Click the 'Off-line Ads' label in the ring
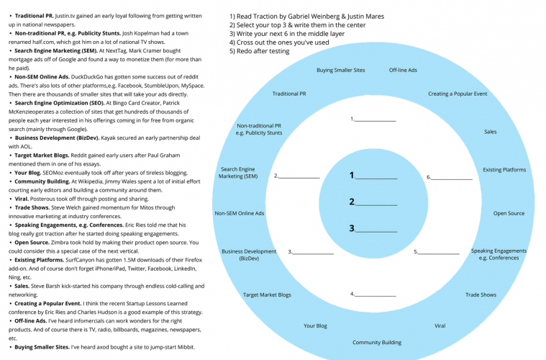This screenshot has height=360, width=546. [x=403, y=70]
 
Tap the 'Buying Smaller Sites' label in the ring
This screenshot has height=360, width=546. [x=340, y=70]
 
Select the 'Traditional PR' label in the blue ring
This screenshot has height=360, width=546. [x=288, y=94]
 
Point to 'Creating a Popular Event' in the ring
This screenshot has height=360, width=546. [x=458, y=94]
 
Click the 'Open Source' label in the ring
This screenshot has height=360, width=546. [x=509, y=213]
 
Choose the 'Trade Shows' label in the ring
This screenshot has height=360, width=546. [x=481, y=294]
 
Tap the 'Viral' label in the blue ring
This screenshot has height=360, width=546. [x=440, y=325]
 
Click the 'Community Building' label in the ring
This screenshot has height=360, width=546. [x=376, y=342]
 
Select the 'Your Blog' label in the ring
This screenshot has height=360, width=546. [x=315, y=325]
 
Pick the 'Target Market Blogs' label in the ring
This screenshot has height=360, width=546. [x=267, y=294]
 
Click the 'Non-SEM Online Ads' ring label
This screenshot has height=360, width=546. [x=239, y=213]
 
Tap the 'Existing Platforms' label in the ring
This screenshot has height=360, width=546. [x=504, y=170]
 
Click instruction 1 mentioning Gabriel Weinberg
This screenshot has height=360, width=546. [x=306, y=16]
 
